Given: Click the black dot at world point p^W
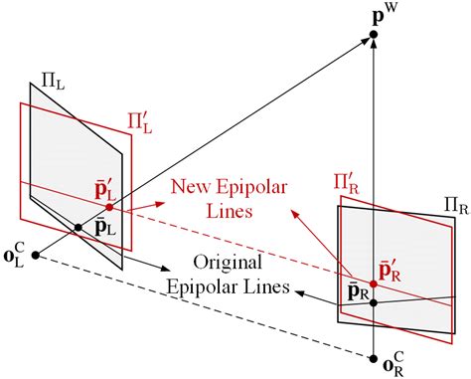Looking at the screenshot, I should tap(374, 36).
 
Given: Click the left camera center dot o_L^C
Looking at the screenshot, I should tap(36, 256).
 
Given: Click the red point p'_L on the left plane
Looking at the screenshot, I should tap(108, 207).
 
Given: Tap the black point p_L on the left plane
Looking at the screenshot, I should tap(78, 229).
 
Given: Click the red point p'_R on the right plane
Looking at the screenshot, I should tap(374, 280).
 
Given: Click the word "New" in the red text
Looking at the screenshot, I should tap(192, 186).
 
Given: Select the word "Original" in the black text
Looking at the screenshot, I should tap(228, 263).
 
